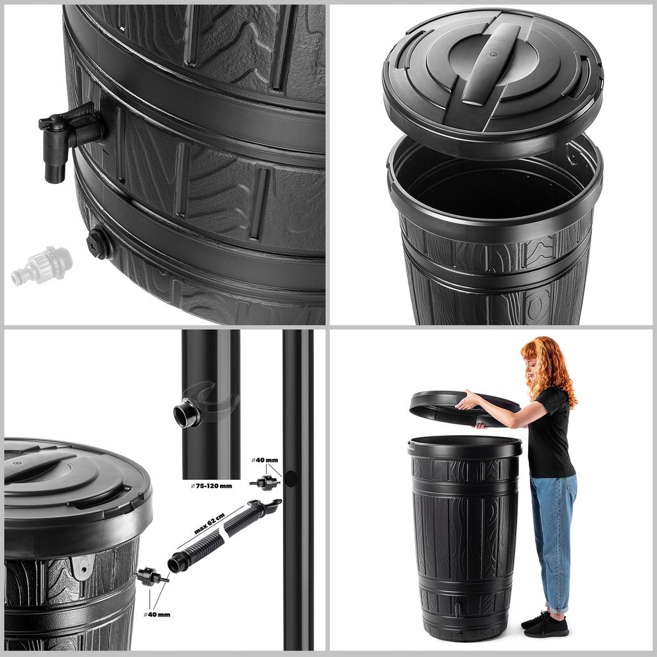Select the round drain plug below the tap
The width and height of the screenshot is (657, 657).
(98, 243)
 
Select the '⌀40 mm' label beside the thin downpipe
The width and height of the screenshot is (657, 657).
(266, 460)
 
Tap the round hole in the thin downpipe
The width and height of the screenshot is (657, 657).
(290, 478)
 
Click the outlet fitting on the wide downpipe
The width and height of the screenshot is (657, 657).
(187, 414)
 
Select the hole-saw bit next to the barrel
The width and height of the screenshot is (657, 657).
(151, 576)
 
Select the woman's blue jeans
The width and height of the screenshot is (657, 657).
(553, 539)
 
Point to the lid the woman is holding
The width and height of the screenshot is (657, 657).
(462, 408)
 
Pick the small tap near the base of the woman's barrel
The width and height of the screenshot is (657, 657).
(456, 607)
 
